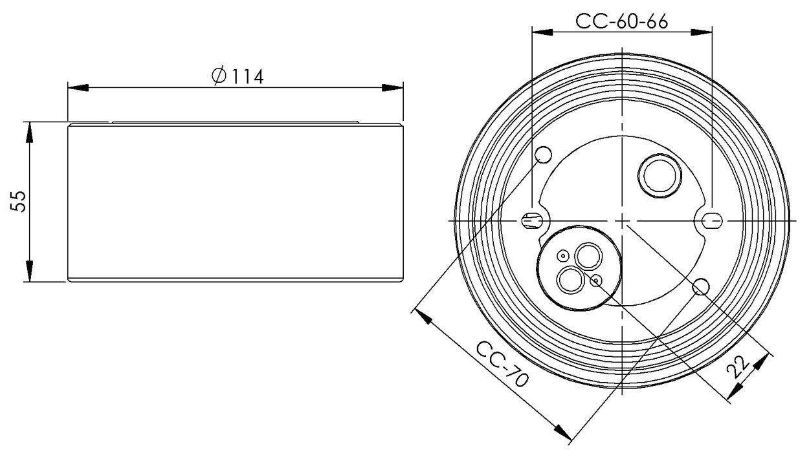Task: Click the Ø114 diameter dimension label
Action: coord(238,76)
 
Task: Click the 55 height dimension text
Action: coord(18,201)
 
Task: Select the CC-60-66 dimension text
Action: coord(621,21)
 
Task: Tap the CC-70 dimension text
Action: coord(502,364)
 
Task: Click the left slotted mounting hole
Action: coord(533,220)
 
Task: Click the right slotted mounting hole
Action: coord(712,220)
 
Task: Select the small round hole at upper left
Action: coord(543,155)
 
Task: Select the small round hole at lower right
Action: coord(701,286)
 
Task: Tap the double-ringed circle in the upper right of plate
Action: coord(659,176)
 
